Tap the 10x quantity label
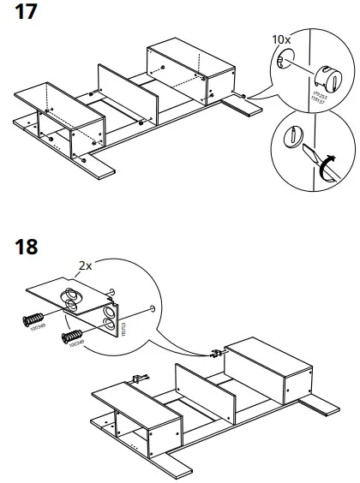click(x=282, y=40)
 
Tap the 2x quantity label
click(x=84, y=266)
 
